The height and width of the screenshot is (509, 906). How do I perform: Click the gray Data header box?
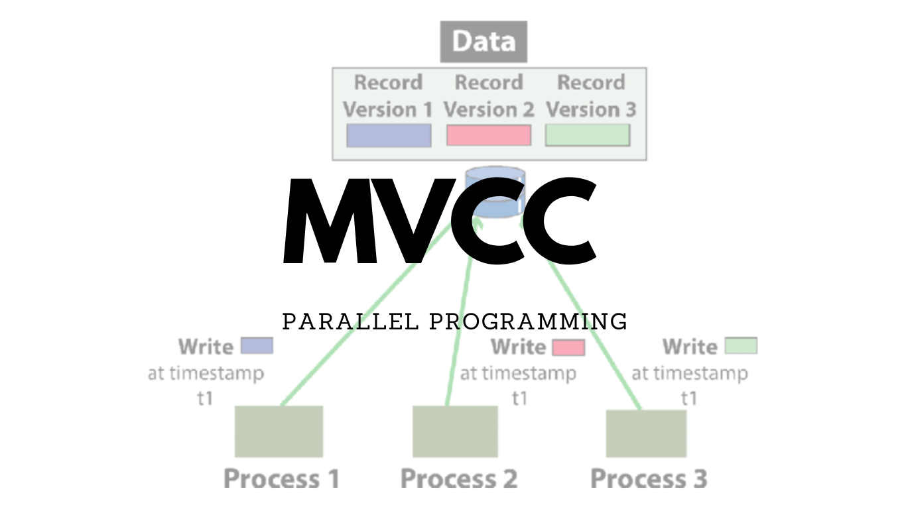[484, 42]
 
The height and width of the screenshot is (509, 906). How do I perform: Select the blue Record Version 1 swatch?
[389, 135]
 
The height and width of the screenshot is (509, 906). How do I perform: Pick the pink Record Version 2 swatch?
[489, 135]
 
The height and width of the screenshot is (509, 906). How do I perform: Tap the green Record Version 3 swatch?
[587, 135]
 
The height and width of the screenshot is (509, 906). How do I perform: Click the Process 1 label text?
[281, 479]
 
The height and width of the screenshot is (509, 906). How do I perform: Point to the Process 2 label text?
[459, 479]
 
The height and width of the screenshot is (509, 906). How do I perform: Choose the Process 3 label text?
[649, 479]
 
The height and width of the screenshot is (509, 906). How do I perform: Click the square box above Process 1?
[279, 431]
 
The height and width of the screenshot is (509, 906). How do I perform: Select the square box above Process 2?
[455, 431]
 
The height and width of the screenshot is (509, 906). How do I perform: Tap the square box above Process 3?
[646, 433]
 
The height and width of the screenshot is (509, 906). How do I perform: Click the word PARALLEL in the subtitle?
[350, 322]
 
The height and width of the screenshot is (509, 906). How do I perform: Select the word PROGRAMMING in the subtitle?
[528, 322]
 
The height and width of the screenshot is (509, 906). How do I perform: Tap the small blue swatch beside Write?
[257, 346]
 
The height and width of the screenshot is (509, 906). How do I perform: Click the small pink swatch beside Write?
[568, 347]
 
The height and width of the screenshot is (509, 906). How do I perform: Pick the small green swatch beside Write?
[741, 346]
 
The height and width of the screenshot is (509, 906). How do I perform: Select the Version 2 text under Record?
[489, 109]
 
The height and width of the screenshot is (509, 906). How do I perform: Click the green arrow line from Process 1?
[366, 315]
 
